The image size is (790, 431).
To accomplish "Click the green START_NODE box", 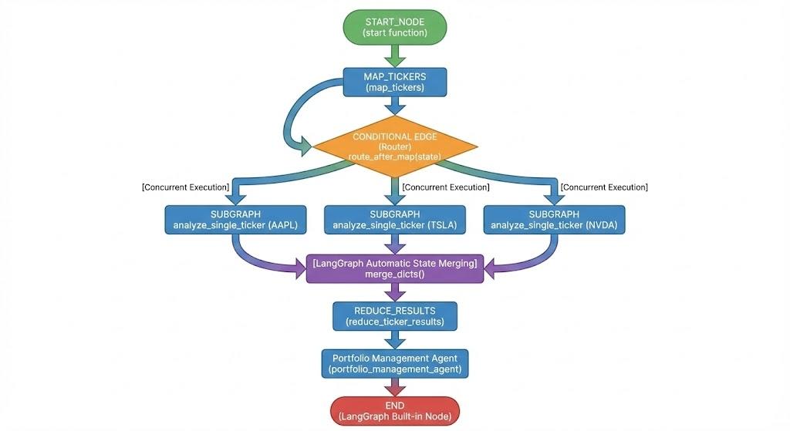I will point(395,26).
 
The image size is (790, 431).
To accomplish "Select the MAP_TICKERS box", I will point(395,82).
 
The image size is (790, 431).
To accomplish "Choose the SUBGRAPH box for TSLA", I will point(394,219).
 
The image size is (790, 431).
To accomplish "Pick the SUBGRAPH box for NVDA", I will point(554,219).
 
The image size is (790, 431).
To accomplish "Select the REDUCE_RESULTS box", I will point(395,315).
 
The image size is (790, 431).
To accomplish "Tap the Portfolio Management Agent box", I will point(395,364).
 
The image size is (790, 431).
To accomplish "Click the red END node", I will point(395,411).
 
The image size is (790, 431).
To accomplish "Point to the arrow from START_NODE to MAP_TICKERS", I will point(395,55).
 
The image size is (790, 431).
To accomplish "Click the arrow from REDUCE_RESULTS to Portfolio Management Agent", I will point(395,338).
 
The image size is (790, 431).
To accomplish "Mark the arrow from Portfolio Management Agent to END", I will point(395,387).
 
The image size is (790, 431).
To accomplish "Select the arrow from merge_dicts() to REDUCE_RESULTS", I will point(395,292).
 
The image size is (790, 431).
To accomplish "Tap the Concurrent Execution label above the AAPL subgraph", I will point(186,187).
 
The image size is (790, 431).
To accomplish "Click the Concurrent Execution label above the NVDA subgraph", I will point(604,187).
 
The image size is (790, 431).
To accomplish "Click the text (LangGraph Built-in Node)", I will point(395,417).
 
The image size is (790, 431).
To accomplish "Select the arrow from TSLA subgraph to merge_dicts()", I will point(395,244).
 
